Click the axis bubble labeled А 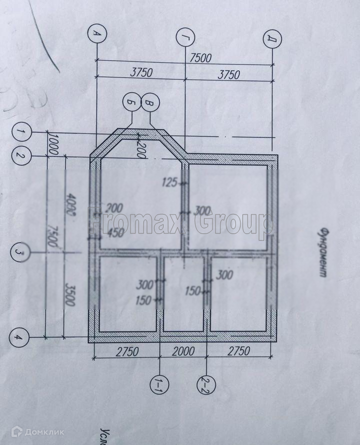[96, 33]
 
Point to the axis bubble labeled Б [131, 102]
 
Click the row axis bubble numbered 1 [21, 132]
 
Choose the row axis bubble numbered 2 [20, 156]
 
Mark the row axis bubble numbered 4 [18, 338]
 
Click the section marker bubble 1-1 [159, 383]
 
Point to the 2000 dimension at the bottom [183, 351]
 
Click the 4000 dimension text [70, 206]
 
